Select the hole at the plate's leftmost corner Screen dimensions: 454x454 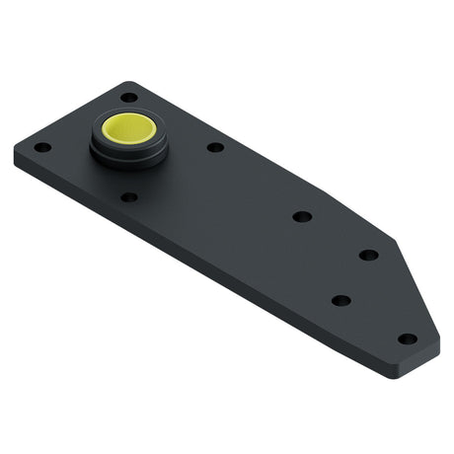pyautogui.click(x=42, y=147)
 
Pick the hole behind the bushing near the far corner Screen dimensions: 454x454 pyautogui.click(x=129, y=97)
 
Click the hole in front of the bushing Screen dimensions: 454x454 pyautogui.click(x=129, y=196)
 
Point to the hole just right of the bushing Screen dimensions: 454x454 pyautogui.click(x=215, y=147)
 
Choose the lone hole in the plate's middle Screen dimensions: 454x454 pyautogui.click(x=302, y=216)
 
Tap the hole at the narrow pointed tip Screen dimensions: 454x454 pyautogui.click(x=407, y=339)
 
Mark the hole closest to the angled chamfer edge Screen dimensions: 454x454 pyautogui.click(x=368, y=255)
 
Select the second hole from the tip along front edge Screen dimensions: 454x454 pyautogui.click(x=340, y=300)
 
